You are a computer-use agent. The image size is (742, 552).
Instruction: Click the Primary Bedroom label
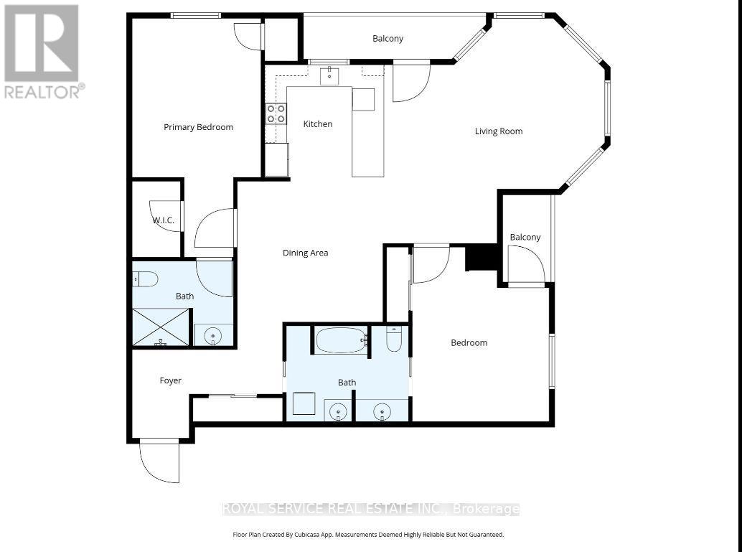tap(198, 127)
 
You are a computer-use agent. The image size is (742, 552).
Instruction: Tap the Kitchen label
tap(318, 124)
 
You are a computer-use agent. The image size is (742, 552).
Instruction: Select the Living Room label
tap(499, 131)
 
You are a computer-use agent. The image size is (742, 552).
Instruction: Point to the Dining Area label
tap(305, 253)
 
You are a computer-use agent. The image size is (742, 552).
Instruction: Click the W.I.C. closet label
tap(163, 220)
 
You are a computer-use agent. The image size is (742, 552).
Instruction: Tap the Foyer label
tap(170, 380)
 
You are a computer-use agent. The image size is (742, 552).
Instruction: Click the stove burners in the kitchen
tap(276, 113)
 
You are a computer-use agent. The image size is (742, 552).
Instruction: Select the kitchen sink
tap(330, 75)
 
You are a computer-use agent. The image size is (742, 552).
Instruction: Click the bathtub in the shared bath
tap(341, 340)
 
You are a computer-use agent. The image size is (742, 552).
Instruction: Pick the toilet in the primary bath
tap(145, 279)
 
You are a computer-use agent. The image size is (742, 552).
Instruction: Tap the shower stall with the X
tap(161, 327)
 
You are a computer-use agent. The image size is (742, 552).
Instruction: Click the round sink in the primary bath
tap(213, 335)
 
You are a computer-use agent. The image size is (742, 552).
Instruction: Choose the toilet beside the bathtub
tap(394, 339)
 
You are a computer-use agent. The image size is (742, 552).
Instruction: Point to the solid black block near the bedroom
tap(482, 258)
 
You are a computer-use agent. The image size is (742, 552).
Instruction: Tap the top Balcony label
tap(388, 39)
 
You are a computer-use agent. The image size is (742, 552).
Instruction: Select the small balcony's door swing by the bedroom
tap(523, 264)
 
